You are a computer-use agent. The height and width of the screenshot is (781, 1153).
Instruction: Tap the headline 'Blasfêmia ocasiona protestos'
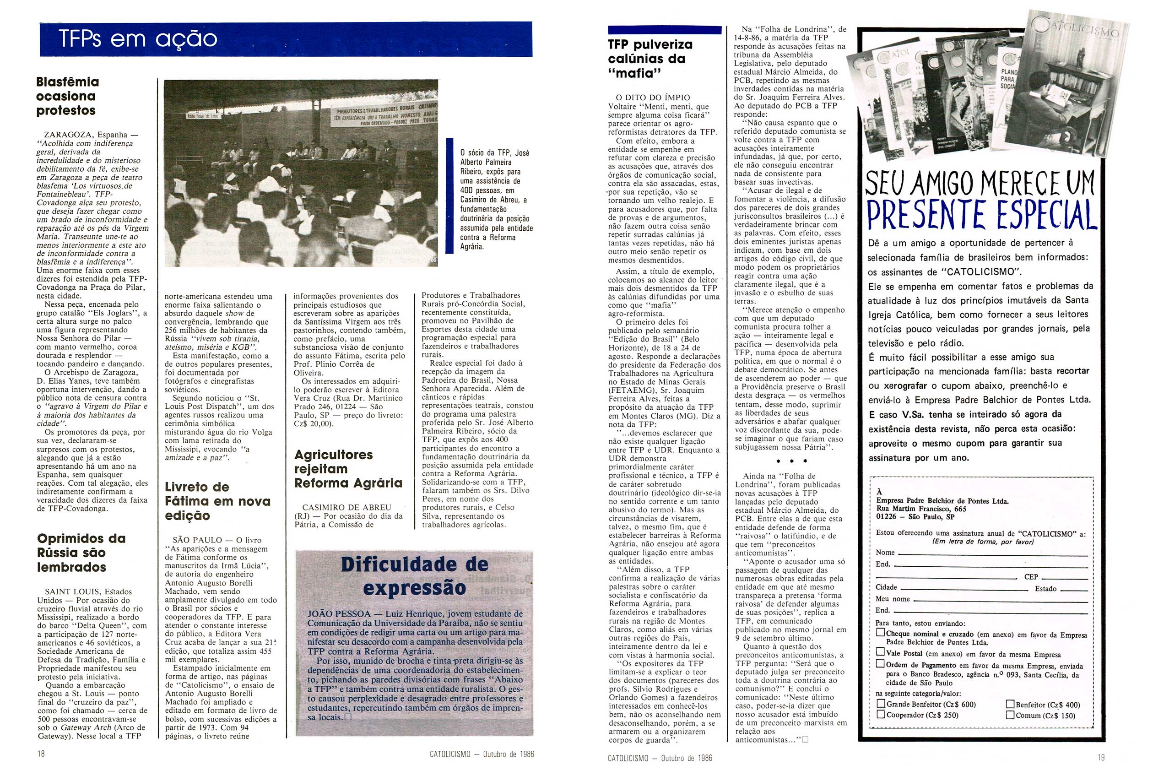[67, 96]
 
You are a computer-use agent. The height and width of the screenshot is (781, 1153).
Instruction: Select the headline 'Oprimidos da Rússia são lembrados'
[81, 553]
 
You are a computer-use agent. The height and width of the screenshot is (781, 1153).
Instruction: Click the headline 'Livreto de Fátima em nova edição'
[218, 501]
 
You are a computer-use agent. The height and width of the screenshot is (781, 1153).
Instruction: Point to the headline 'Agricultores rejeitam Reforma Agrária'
[348, 469]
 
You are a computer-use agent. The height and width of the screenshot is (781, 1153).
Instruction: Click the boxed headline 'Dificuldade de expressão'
[414, 576]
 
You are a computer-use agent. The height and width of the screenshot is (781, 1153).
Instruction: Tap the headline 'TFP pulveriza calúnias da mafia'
[650, 59]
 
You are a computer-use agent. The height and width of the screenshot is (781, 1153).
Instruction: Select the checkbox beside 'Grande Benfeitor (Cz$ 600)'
[881, 704]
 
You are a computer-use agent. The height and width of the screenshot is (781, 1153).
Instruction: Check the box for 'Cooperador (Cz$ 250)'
[881, 715]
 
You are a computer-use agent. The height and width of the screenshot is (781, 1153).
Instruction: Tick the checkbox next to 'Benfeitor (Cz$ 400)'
[1010, 704]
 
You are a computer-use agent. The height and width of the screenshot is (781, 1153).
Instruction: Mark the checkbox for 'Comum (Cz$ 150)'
[1010, 715]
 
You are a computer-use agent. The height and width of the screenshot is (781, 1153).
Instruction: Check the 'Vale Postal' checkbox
[881, 652]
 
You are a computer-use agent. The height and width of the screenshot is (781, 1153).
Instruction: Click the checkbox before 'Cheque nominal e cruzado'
[881, 633]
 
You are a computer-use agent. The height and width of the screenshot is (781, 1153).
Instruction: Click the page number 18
[41, 754]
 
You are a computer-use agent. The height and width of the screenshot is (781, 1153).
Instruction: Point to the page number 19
[1101, 758]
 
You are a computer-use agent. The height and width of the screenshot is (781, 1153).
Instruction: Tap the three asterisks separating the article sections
[791, 461]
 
